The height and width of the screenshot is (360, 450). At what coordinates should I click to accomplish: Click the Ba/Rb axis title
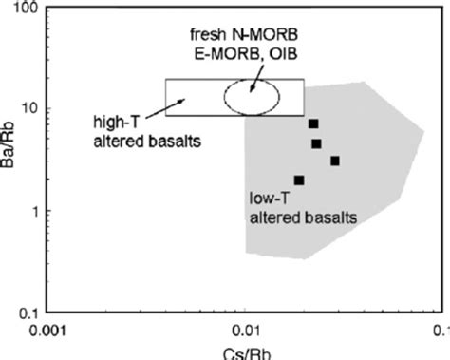click(9, 159)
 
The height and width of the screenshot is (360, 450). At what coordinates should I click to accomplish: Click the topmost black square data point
click(313, 123)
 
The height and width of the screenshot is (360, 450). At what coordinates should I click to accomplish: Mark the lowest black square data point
click(299, 180)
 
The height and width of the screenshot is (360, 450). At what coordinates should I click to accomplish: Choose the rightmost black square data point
click(335, 161)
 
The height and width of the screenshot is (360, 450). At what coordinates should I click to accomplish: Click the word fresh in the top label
click(203, 34)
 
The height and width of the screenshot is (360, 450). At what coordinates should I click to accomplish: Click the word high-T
click(105, 121)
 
